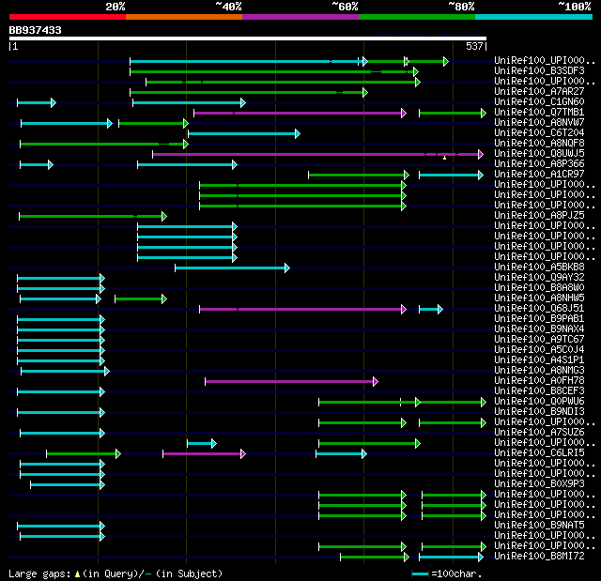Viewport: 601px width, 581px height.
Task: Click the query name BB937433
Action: (36, 30)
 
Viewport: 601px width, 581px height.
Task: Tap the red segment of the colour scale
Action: (67, 16)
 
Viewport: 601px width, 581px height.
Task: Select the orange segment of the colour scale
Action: (183, 16)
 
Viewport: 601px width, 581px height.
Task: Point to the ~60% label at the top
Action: (345, 7)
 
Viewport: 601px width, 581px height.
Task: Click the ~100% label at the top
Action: (574, 7)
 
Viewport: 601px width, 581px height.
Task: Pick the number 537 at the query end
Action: (474, 46)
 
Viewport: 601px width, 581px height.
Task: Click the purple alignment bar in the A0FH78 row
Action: (291, 381)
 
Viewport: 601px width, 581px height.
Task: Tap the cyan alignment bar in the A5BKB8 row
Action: (232, 268)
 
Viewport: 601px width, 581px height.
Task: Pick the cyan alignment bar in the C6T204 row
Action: (243, 133)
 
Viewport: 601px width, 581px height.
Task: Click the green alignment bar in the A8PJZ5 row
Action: (92, 216)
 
